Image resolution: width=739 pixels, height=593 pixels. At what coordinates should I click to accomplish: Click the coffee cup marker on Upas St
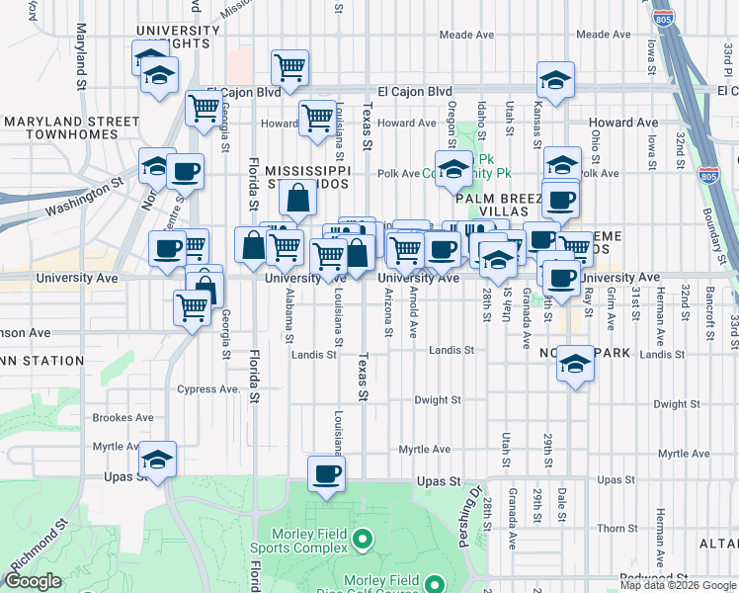(x=325, y=474)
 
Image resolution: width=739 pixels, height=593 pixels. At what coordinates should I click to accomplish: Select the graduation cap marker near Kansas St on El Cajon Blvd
(x=556, y=80)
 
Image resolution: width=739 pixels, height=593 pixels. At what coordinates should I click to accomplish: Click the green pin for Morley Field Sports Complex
(x=363, y=540)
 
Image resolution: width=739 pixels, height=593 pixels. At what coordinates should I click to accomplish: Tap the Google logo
(x=33, y=582)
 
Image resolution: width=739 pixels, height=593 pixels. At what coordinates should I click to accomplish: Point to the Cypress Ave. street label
(x=209, y=389)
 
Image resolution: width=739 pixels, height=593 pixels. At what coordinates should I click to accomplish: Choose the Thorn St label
(x=617, y=529)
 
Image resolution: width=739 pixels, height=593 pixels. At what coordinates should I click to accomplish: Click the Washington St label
(x=85, y=197)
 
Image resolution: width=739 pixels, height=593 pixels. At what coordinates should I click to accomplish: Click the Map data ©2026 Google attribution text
(x=678, y=585)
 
